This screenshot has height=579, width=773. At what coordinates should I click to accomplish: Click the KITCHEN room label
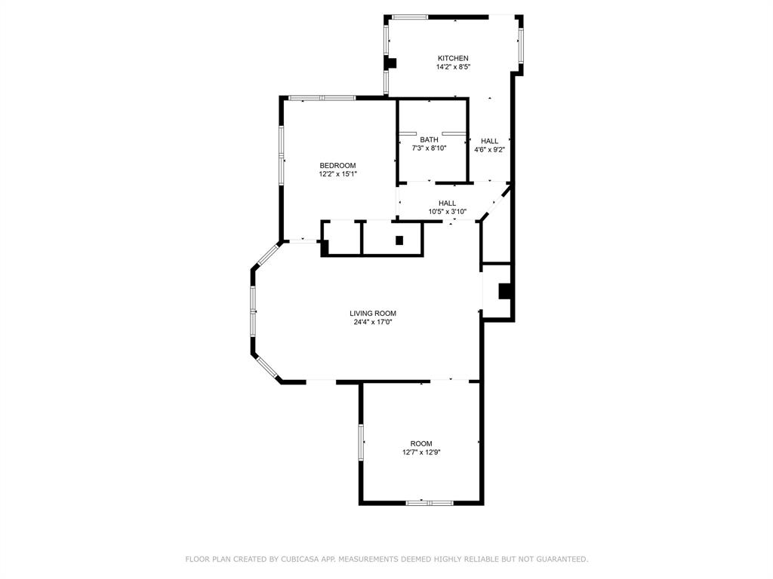[x=453, y=58]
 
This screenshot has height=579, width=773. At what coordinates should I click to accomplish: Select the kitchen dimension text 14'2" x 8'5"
[x=453, y=67]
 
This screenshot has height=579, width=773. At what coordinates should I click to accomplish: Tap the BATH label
[x=429, y=139]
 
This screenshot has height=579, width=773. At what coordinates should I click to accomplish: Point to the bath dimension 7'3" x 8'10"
[x=429, y=149]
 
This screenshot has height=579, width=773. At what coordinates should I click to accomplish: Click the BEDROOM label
[x=337, y=165]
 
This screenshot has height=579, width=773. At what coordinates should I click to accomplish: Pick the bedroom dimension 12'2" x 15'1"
[x=337, y=174]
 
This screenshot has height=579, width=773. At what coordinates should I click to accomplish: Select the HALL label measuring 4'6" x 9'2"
[x=489, y=141]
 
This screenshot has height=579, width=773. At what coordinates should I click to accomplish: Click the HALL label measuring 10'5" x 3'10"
[x=447, y=203]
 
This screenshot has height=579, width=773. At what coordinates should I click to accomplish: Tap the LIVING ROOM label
[x=372, y=314]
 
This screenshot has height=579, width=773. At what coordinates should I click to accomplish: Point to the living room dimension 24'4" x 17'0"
[x=372, y=323]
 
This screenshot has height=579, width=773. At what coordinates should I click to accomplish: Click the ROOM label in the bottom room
[x=421, y=443]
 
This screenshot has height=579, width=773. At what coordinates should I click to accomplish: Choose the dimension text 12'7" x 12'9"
[x=421, y=452]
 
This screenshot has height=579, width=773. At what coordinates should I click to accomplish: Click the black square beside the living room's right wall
[x=506, y=291]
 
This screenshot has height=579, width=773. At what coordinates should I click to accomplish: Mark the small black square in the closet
[x=399, y=240]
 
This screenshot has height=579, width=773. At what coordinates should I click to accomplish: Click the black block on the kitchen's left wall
[x=391, y=62]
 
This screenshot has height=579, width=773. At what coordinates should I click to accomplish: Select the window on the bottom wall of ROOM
[x=430, y=503]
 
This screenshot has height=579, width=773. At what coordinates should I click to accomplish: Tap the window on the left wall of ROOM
[x=361, y=442]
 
